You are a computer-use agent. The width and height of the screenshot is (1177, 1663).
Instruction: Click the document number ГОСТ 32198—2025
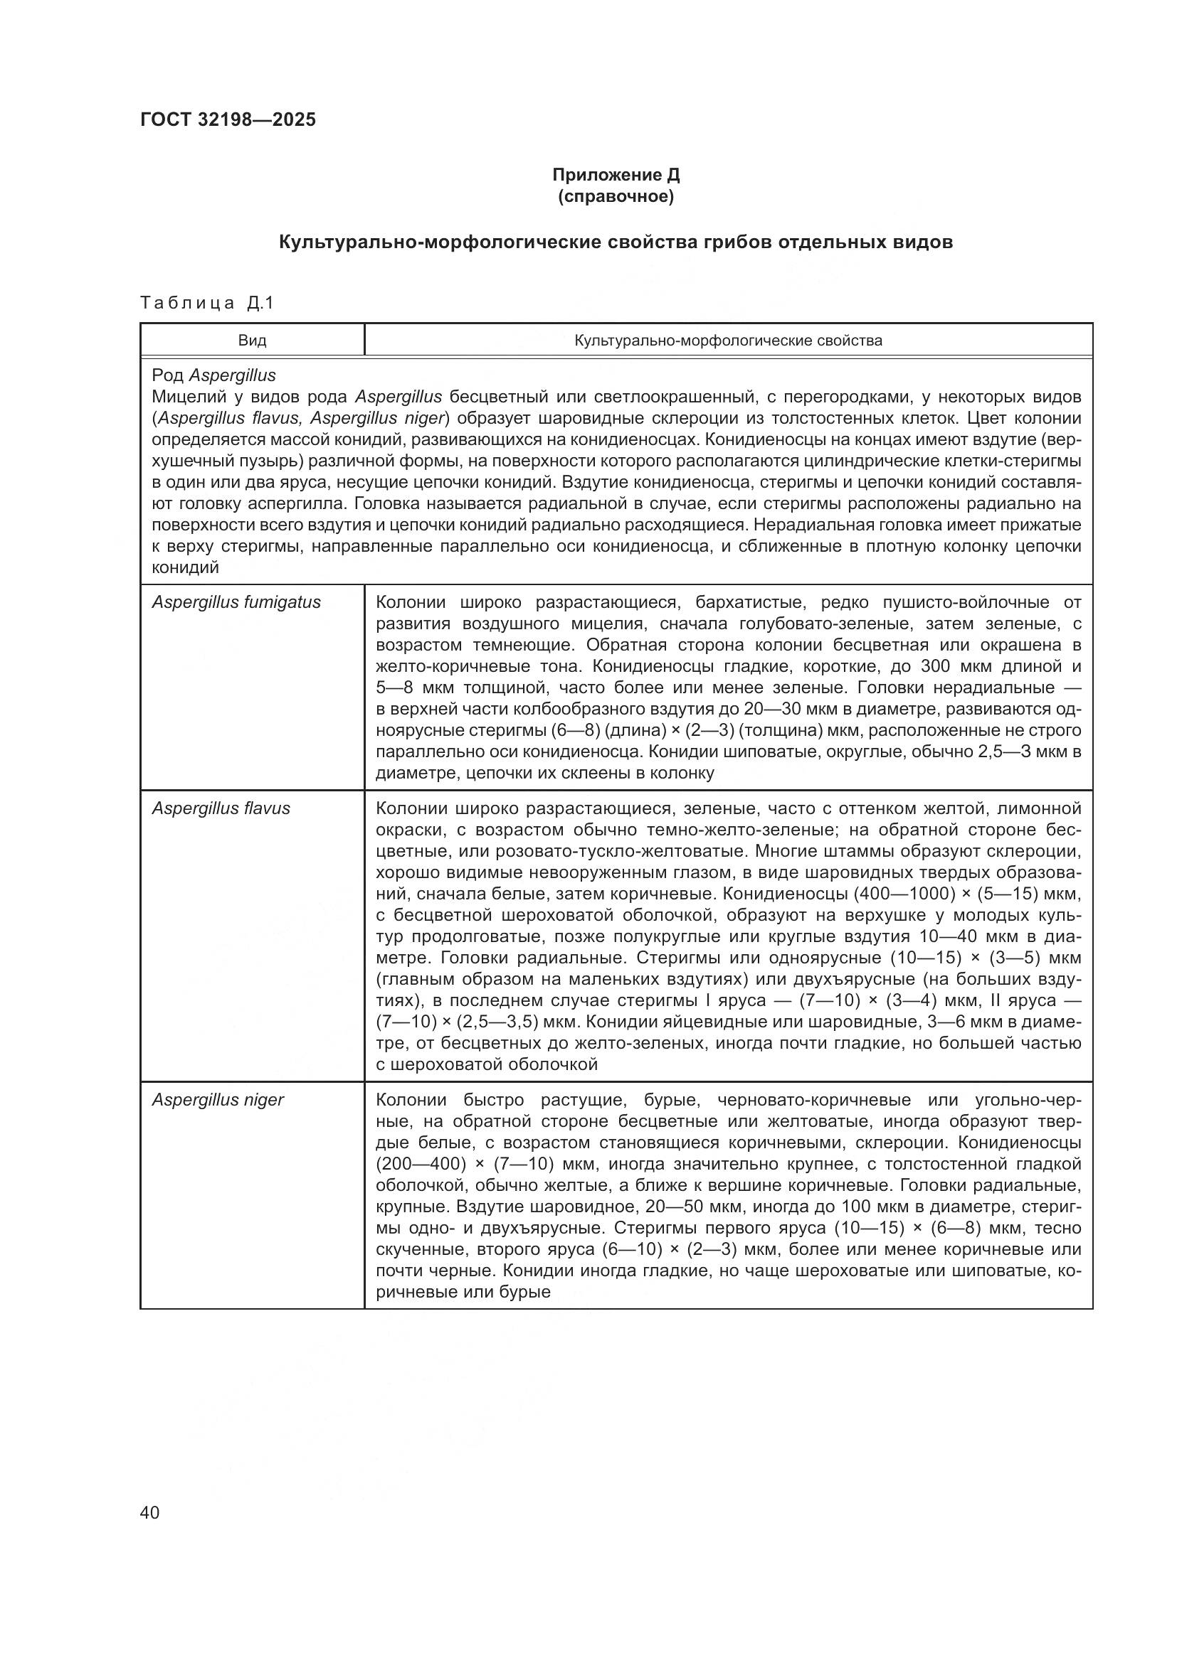[x=228, y=119]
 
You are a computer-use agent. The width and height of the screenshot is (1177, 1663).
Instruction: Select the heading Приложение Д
[x=616, y=175]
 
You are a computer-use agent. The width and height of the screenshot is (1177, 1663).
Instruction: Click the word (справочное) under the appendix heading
[x=616, y=196]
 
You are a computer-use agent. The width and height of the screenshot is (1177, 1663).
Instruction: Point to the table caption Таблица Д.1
[x=207, y=303]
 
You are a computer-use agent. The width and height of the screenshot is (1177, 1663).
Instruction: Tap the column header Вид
[x=252, y=341]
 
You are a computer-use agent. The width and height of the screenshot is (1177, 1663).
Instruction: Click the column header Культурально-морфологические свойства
[x=729, y=341]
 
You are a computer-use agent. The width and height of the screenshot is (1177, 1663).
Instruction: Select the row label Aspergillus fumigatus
[x=236, y=602]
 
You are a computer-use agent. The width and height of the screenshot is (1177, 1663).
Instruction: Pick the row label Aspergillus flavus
[x=221, y=808]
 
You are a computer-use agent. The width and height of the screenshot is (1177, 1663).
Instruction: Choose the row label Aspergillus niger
[x=218, y=1099]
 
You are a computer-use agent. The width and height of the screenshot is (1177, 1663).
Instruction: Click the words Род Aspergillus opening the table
[x=213, y=375]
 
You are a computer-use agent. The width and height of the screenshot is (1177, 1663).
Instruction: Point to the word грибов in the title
[x=736, y=242]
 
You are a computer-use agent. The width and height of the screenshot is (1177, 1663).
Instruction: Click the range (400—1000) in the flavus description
[x=903, y=893]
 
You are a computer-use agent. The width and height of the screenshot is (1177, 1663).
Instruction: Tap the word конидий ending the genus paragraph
[x=185, y=568]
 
